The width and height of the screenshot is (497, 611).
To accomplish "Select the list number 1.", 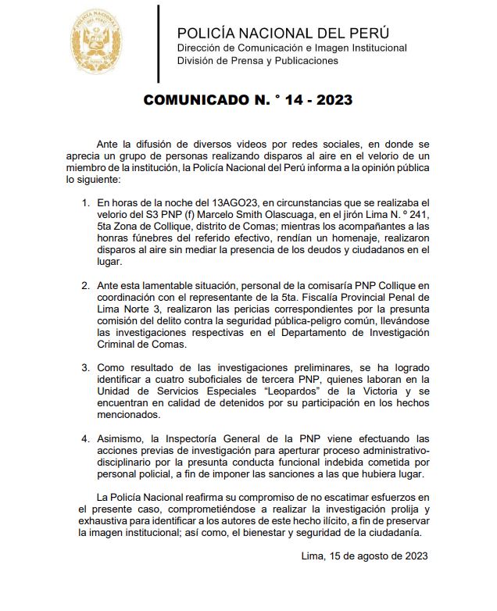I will click(x=86, y=202).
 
